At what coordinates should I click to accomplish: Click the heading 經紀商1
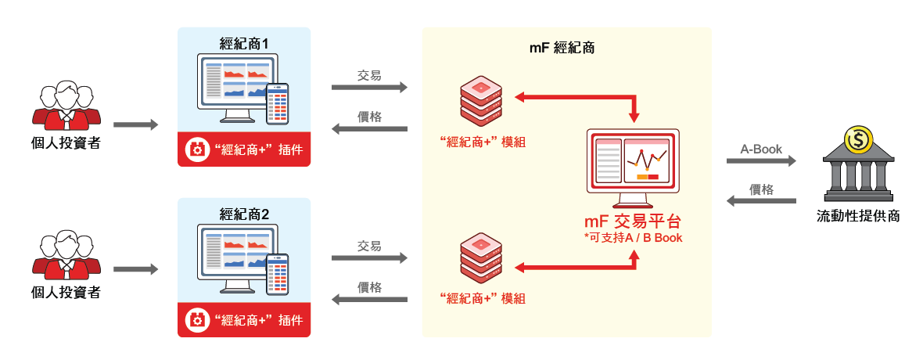coord(244,44)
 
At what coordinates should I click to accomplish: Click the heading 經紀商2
coord(244,214)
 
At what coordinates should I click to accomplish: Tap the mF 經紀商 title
coord(562,49)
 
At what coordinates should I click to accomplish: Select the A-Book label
coord(761,149)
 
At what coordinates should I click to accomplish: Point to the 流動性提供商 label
coord(857,216)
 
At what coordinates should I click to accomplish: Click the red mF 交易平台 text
coord(633,222)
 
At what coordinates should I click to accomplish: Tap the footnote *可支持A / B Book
coord(633,238)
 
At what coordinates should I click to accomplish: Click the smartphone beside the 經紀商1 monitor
coord(278,104)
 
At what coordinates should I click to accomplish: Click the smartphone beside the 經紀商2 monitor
coord(278,275)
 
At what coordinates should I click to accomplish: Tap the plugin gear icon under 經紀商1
coord(196,149)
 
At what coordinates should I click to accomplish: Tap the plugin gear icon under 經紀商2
coord(196,321)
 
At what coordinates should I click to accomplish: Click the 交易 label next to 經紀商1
coord(369,75)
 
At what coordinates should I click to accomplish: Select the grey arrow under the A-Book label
coord(761,161)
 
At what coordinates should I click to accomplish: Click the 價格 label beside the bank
coord(761,189)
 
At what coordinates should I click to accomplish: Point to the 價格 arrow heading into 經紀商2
coord(370,299)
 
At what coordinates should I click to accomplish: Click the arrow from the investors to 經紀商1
coord(136,125)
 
